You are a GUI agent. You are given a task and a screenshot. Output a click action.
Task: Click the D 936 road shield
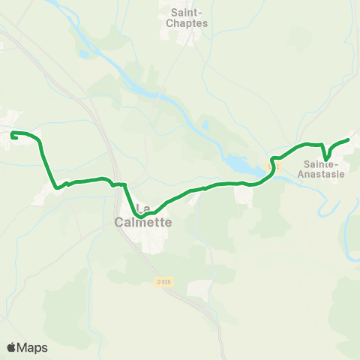click(x=164, y=281)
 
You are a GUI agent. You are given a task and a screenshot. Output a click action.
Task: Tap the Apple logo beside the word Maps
click(x=12, y=347)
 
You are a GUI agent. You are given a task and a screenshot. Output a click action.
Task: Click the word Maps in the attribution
click(x=33, y=347)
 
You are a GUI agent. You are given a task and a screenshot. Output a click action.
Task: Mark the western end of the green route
click(x=13, y=133)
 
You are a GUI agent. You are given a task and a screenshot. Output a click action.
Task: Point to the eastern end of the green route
click(x=349, y=139)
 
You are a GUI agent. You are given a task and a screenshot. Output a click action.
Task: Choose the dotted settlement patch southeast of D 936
click(x=200, y=288)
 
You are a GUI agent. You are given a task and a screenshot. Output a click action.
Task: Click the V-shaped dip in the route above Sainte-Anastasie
click(x=324, y=157)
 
